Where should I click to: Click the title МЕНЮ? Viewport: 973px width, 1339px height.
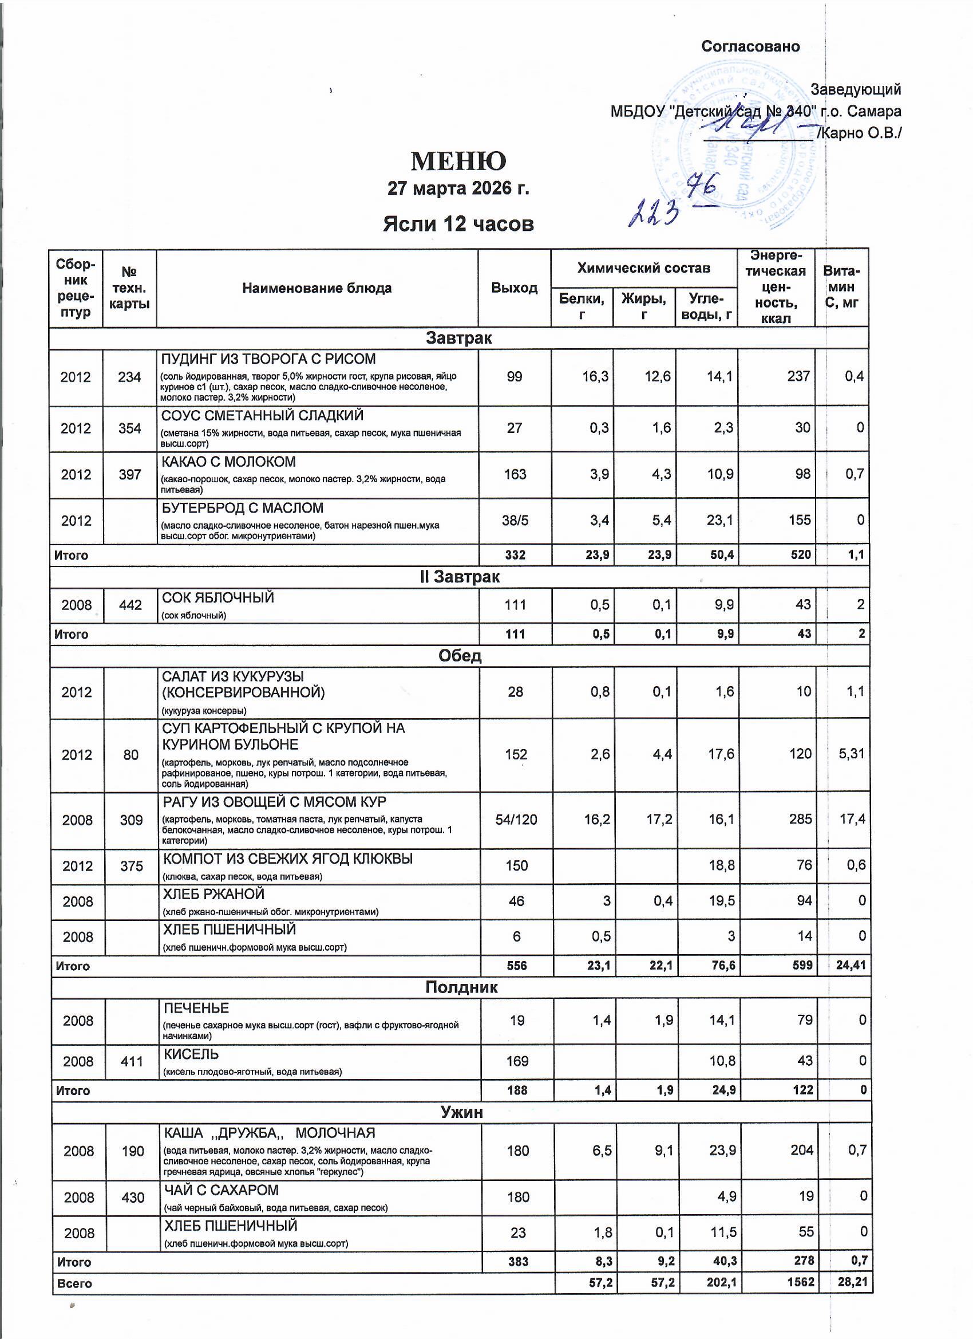tap(458, 161)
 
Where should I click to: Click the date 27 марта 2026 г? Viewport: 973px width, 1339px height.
tap(458, 188)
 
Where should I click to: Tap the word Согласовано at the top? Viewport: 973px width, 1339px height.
tap(750, 46)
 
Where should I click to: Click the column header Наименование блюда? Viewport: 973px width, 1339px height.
tap(317, 288)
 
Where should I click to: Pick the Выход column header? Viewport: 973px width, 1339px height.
tap(514, 288)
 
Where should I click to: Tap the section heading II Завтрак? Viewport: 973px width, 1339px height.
tap(459, 577)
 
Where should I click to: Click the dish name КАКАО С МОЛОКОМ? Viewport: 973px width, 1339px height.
tap(228, 462)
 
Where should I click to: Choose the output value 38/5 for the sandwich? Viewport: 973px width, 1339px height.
tap(515, 521)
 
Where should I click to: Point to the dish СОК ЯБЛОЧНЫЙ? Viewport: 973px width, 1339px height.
tap(217, 598)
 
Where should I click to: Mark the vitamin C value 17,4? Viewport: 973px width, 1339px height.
tap(852, 820)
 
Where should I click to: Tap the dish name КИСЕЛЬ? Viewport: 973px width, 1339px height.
tap(191, 1054)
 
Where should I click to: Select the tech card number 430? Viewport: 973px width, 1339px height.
tap(132, 1198)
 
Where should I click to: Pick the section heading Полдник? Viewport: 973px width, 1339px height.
tap(461, 987)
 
